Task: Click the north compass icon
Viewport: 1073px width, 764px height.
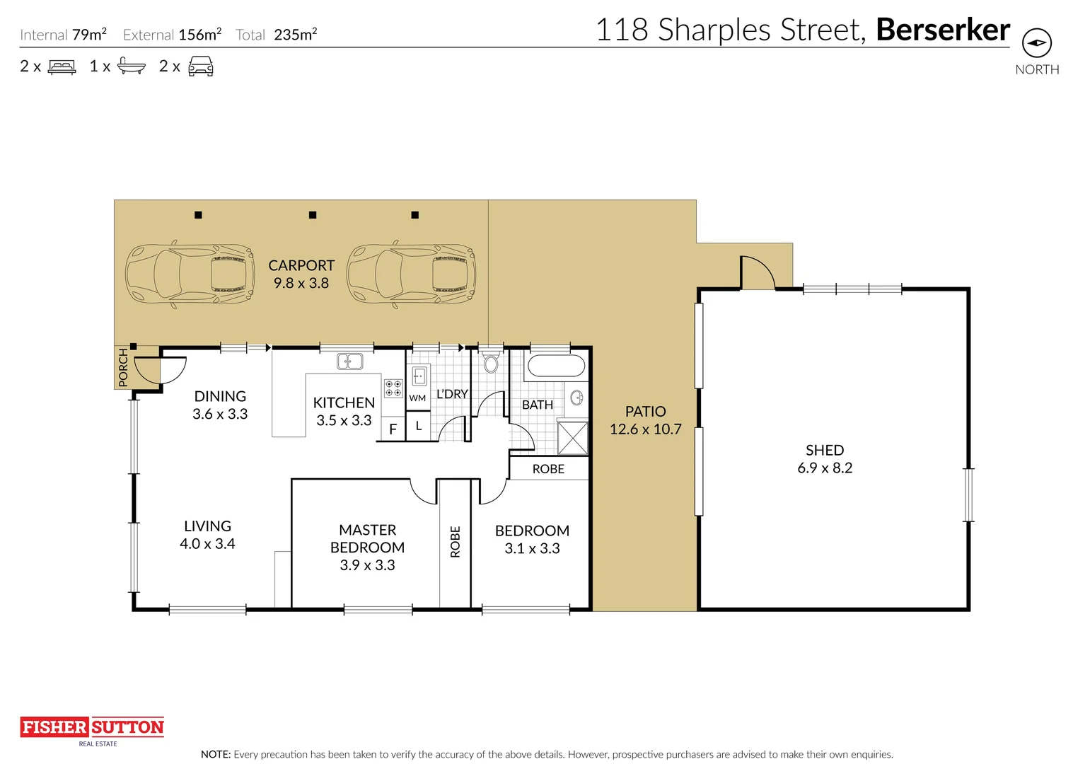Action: [1037, 43]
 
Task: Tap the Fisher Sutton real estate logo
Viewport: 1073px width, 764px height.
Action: [92, 731]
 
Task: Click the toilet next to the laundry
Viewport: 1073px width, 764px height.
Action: [490, 362]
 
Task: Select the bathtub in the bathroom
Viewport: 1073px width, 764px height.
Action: [556, 366]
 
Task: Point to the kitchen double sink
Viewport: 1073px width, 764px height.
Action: [349, 361]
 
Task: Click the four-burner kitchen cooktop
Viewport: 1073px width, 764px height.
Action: [393, 388]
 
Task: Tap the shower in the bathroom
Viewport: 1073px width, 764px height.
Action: [572, 438]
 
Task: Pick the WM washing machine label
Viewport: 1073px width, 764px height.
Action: [417, 398]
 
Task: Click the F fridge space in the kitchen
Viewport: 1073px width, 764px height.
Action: [393, 429]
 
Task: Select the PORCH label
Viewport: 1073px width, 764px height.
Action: [123, 367]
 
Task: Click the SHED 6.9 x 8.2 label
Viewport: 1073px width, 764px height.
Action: [825, 459]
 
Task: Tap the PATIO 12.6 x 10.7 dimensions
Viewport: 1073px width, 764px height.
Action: [645, 429]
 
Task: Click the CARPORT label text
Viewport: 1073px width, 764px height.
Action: [301, 265]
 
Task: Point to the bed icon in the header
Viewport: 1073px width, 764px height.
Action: [62, 66]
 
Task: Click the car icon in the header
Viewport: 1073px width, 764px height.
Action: [201, 66]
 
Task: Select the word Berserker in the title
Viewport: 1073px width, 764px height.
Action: [943, 30]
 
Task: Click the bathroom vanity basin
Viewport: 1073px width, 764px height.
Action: [576, 398]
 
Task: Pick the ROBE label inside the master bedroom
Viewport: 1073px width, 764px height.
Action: [455, 542]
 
